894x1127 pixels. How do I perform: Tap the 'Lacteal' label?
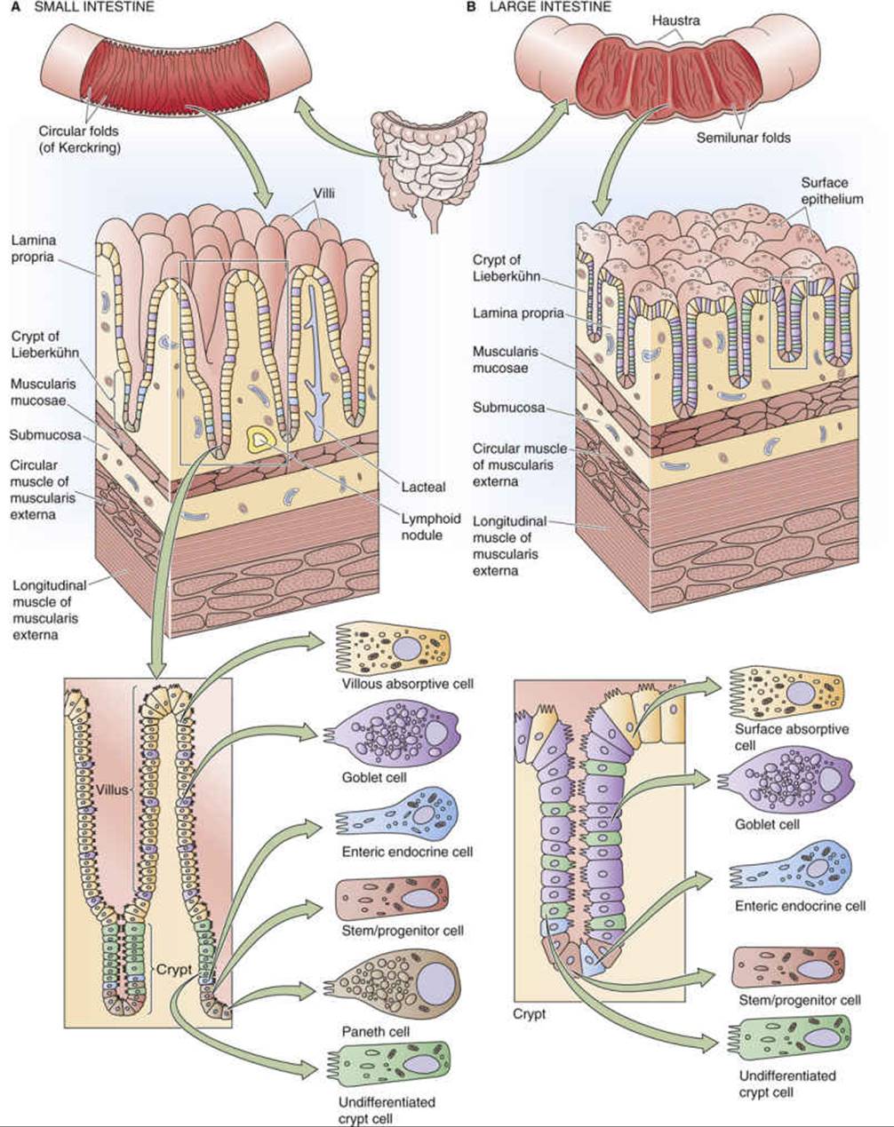click(x=423, y=487)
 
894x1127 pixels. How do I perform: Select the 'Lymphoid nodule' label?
click(x=431, y=527)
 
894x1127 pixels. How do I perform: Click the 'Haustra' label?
click(x=676, y=20)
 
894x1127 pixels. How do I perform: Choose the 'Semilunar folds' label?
click(x=743, y=138)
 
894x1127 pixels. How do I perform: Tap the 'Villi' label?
click(x=323, y=194)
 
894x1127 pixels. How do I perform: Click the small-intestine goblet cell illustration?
click(x=391, y=738)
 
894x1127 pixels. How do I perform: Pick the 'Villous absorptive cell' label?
click(x=408, y=684)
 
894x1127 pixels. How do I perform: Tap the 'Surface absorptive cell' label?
click(x=791, y=736)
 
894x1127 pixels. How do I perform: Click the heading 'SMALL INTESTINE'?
click(x=94, y=7)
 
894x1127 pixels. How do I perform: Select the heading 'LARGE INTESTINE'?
click(x=550, y=7)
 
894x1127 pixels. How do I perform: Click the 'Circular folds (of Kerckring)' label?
click(x=79, y=139)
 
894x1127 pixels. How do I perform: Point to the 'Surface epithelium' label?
click(x=832, y=191)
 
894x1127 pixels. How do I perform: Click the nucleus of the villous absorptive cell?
click(x=407, y=649)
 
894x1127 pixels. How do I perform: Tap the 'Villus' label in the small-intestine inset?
click(x=112, y=790)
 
